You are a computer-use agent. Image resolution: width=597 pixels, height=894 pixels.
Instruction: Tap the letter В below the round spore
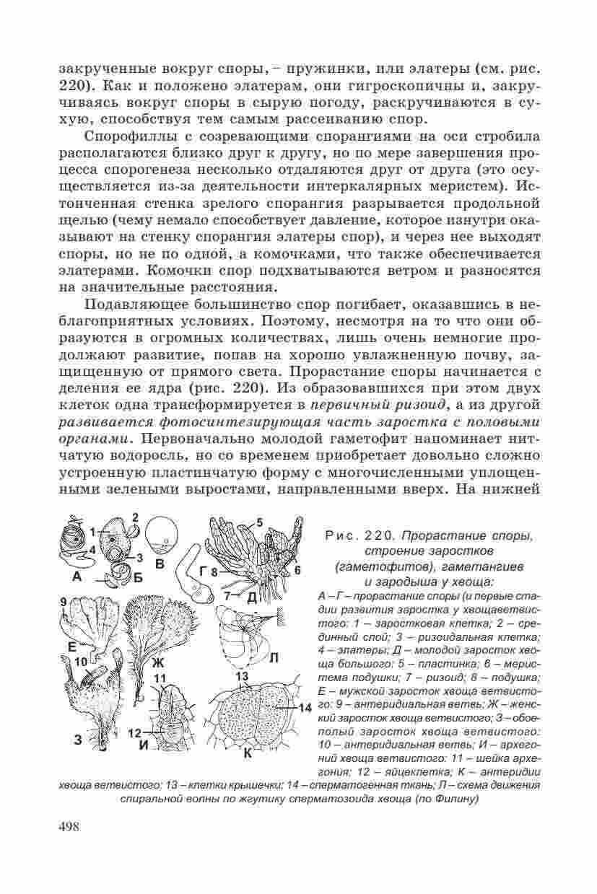160,563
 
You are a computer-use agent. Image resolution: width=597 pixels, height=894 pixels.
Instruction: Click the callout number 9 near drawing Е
64,601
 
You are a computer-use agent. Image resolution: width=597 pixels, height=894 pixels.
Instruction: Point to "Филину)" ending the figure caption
456,799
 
